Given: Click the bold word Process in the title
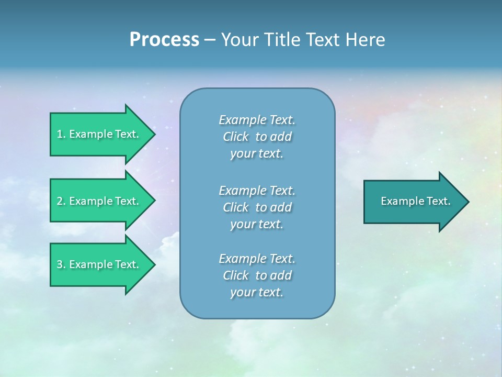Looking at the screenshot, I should coord(164,40).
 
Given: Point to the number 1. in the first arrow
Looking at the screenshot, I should coord(61,134).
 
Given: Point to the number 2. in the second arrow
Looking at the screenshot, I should coord(61,201).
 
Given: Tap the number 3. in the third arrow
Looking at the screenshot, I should coord(61,264).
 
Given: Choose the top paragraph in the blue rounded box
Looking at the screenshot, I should coord(257,137).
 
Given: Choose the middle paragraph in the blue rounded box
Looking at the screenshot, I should coord(257,207).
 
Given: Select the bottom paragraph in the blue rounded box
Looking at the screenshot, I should coord(257,275).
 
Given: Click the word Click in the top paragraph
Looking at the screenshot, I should coord(236,137).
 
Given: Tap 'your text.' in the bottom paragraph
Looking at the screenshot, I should coord(257,293).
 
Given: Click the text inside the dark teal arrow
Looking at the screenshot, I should coord(416,201).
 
